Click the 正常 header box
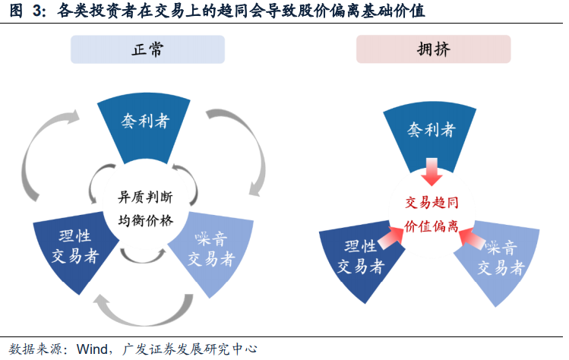(147, 49)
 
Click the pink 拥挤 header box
(433, 49)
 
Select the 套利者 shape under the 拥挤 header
(431, 131)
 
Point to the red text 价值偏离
(431, 226)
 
